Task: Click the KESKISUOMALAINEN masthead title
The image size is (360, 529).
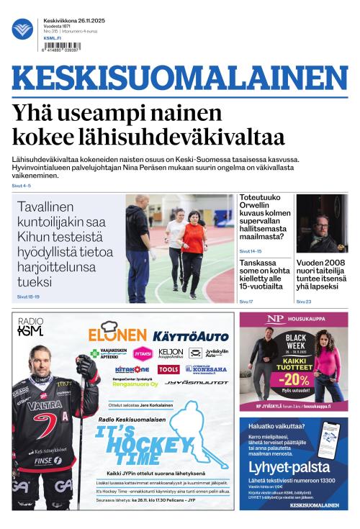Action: [179, 79]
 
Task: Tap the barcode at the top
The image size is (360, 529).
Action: [62, 46]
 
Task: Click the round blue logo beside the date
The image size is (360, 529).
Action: [22, 30]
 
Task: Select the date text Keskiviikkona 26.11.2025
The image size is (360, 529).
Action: [74, 20]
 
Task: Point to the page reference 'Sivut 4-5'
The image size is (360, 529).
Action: [22, 186]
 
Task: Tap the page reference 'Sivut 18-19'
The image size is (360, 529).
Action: [28, 297]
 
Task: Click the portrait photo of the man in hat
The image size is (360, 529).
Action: [322, 223]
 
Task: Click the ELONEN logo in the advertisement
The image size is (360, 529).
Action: [117, 334]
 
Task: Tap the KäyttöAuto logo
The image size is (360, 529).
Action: [191, 336]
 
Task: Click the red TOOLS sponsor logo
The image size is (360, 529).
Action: [168, 369]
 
